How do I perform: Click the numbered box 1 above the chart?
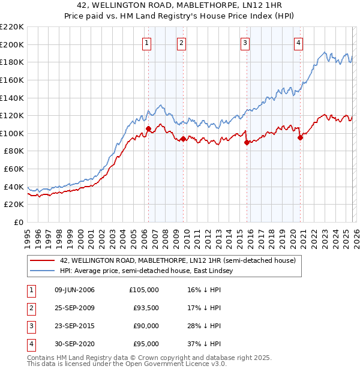pyautogui.click(x=147, y=42)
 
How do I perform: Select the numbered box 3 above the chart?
pyautogui.click(x=245, y=42)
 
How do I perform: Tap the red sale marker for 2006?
pyautogui.click(x=148, y=128)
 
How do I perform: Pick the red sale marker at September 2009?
pyautogui.click(x=183, y=139)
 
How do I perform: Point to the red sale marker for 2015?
pyautogui.click(x=247, y=142)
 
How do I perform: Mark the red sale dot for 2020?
pyautogui.click(x=300, y=137)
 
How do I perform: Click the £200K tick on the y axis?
pyautogui.click(x=12, y=44)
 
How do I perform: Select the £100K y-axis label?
pyautogui.click(x=12, y=133)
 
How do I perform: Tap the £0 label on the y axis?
pyautogui.click(x=19, y=222)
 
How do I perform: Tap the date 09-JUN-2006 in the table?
pyautogui.click(x=74, y=290)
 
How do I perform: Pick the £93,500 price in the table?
pyautogui.click(x=146, y=308)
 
